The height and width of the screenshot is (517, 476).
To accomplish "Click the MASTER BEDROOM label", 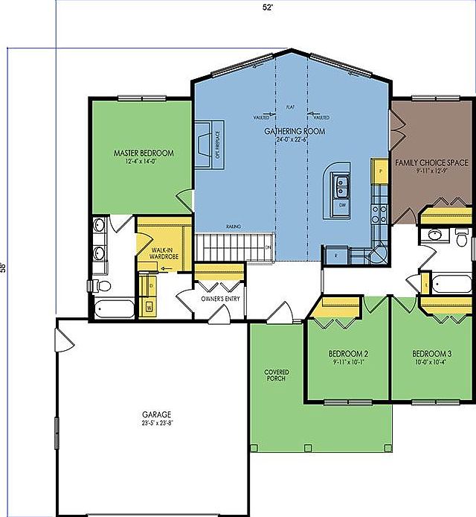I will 144,153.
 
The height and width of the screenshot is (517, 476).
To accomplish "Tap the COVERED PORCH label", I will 276,375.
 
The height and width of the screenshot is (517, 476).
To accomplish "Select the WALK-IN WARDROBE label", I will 162,253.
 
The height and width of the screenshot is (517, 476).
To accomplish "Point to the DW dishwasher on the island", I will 342,203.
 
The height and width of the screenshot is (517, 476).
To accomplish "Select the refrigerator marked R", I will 335,255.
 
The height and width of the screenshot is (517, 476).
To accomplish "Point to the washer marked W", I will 149,305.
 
